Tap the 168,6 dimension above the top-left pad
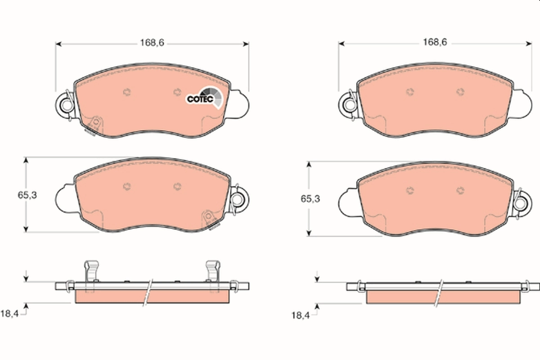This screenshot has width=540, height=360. [x=152, y=43]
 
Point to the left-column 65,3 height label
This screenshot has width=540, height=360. [x=27, y=195]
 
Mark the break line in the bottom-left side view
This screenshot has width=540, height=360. [x=148, y=292]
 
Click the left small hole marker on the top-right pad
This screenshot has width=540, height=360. [x=409, y=92]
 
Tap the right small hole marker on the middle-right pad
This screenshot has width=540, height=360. [x=460, y=190]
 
